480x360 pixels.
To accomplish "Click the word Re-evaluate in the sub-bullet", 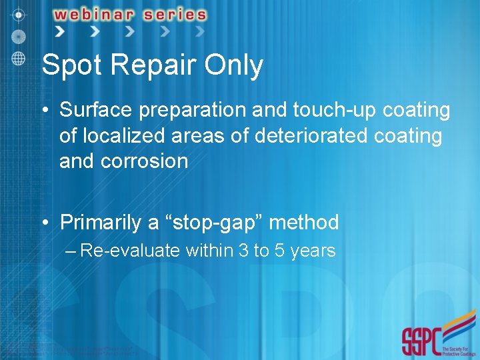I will click(x=130, y=251).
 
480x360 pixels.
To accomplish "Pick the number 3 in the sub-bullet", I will click(x=244, y=251).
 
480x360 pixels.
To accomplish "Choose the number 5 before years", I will click(x=279, y=251).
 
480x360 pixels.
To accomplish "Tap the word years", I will click(x=313, y=251).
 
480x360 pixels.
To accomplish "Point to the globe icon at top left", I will click(x=18, y=58).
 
